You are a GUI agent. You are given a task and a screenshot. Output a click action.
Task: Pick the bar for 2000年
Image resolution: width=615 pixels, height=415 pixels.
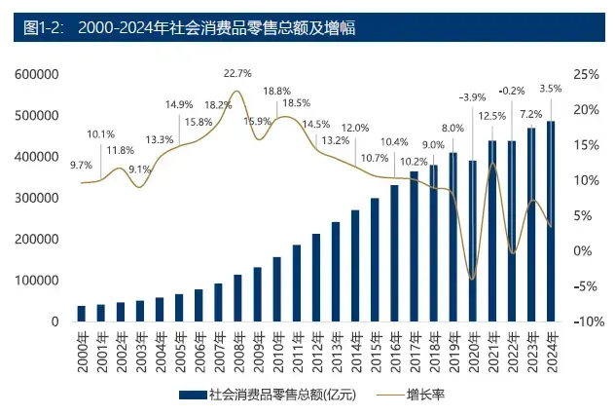(x=82, y=313)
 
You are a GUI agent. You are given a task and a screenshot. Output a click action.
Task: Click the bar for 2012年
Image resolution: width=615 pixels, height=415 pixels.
(x=315, y=278)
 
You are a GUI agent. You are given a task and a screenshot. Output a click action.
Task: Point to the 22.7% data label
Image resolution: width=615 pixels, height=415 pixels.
(x=237, y=73)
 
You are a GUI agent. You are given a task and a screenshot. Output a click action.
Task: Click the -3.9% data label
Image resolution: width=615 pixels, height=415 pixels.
(x=473, y=96)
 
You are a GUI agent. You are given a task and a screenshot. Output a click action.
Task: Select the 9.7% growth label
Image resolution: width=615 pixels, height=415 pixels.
(x=82, y=166)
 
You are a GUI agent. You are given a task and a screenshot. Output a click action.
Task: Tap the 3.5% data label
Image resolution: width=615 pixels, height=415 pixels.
(x=551, y=89)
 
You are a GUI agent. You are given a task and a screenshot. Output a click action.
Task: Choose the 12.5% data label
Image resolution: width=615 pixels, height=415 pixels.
(x=493, y=116)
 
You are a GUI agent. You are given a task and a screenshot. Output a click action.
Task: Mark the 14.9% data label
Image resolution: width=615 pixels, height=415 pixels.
(x=178, y=104)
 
